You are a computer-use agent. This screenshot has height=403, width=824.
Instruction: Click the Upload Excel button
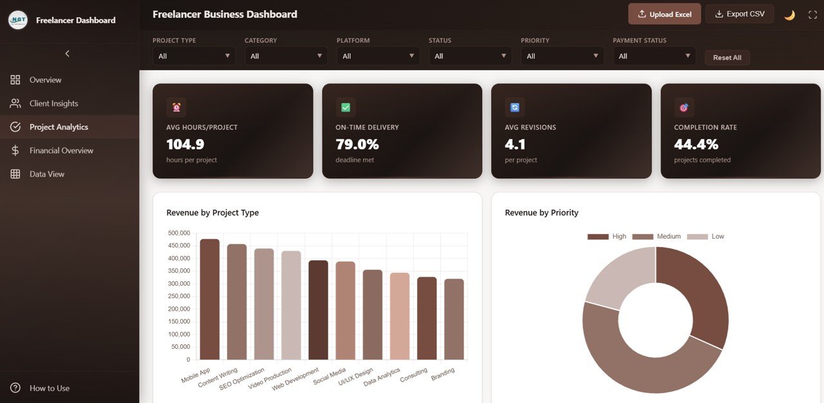pos(664,14)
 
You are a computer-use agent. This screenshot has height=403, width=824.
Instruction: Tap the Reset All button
pos(727,57)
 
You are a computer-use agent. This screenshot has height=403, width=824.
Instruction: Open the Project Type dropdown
pos(194,56)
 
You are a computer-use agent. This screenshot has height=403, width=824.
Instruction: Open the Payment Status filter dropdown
pos(654,56)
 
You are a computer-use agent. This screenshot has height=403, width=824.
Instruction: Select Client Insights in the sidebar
pos(53,103)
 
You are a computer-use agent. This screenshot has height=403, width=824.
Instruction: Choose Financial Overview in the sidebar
pos(61,150)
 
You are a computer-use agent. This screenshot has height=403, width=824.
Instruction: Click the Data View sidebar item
pos(46,174)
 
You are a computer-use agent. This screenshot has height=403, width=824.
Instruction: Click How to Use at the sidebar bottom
pos(49,388)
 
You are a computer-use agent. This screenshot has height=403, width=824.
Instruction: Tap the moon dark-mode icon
pos(789,15)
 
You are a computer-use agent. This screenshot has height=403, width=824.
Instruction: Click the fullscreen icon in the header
pos(812,15)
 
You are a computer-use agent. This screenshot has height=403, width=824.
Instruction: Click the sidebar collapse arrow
pos(68,54)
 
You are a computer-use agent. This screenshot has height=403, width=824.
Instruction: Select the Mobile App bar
pos(210,299)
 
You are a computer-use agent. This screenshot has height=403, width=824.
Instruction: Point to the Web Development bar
pos(318,310)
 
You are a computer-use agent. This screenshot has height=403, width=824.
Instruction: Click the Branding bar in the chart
pos(454,319)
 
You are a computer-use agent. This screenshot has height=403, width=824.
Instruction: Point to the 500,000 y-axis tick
pos(178,233)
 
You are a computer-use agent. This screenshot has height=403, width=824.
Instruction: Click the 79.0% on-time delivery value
pos(357,144)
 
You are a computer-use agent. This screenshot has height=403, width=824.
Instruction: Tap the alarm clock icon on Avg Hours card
pos(176,107)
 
